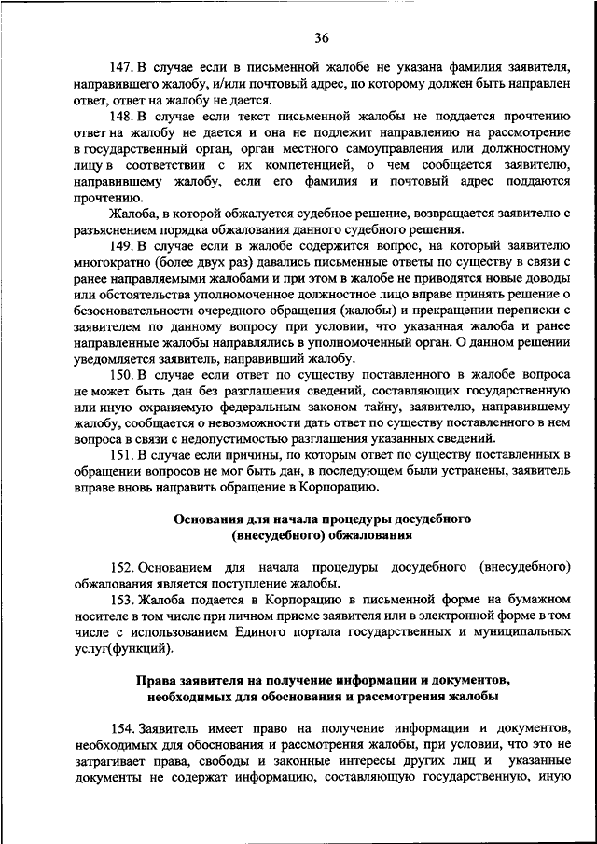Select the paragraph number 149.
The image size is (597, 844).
pyautogui.click(x=121, y=247)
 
